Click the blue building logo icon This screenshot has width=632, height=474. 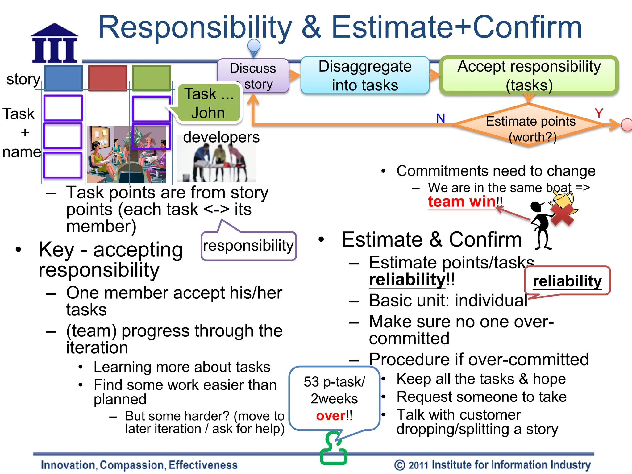click(55, 44)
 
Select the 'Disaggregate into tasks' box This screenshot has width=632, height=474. click(365, 76)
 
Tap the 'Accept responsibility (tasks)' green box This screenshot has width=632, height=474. click(529, 76)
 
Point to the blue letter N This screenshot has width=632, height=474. click(440, 118)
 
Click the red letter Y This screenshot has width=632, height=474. click(599, 114)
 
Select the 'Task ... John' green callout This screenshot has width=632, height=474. click(209, 103)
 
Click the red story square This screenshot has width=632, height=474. click(108, 78)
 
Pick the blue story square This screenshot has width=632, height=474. click(63, 78)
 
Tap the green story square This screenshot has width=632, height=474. click(151, 78)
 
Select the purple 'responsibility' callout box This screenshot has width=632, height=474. click(248, 246)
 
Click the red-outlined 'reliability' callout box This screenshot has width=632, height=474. click(567, 281)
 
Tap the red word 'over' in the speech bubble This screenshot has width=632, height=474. click(330, 416)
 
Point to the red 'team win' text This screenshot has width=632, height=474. click(462, 202)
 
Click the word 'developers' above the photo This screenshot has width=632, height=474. click(221, 137)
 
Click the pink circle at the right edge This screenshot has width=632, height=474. click(626, 125)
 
